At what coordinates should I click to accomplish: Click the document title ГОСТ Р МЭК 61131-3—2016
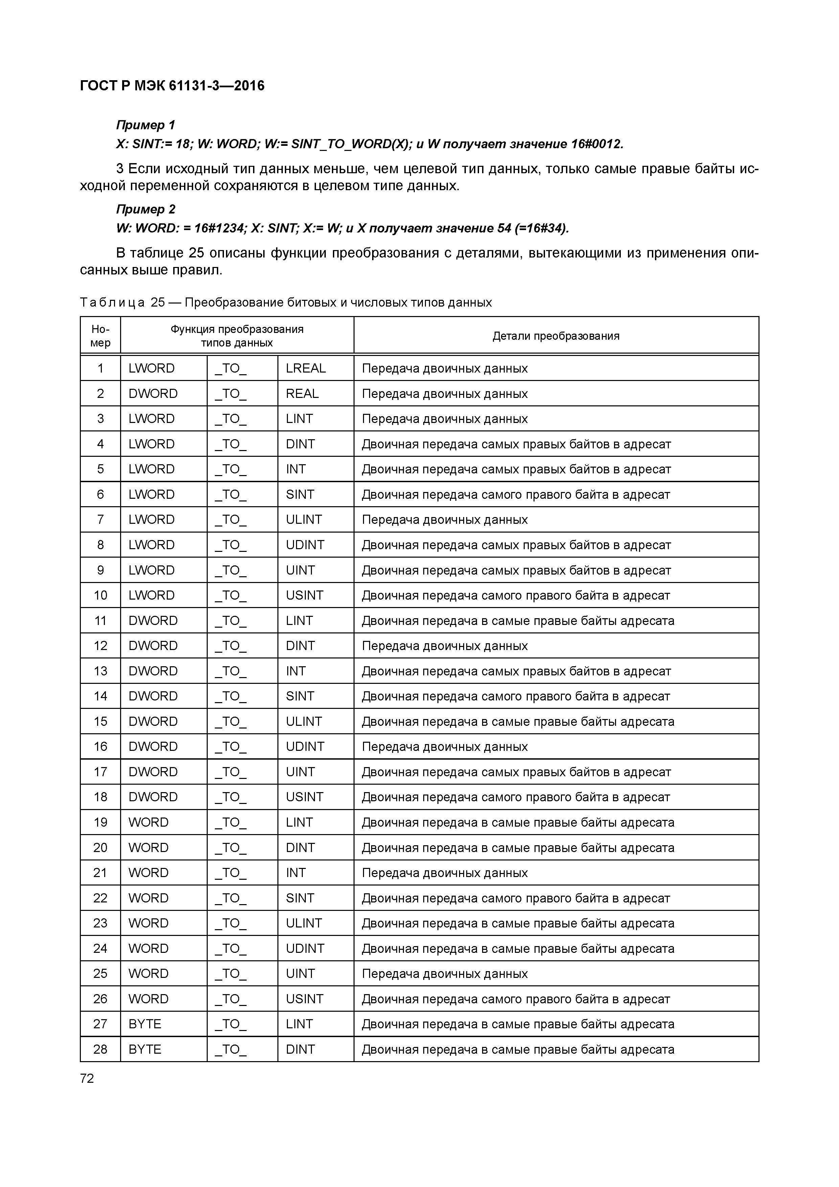click(x=172, y=86)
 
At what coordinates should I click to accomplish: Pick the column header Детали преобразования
click(x=556, y=336)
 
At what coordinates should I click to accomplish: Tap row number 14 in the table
click(x=100, y=696)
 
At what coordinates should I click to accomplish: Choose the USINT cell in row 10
click(x=304, y=595)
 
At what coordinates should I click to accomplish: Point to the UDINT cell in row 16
click(x=305, y=746)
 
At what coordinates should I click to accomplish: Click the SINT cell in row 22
click(x=300, y=898)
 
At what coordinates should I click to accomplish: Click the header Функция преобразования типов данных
click(x=237, y=336)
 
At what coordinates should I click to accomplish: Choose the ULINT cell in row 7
click(x=303, y=520)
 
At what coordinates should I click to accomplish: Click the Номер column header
click(x=100, y=336)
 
